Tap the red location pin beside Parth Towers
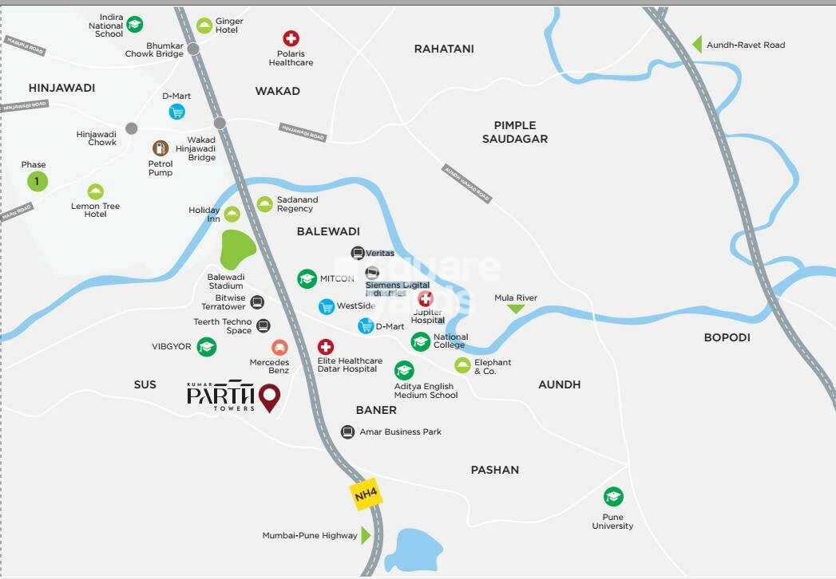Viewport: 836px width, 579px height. (271, 397)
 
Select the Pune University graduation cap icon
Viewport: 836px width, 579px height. (612, 497)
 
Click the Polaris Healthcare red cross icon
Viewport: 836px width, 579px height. (291, 38)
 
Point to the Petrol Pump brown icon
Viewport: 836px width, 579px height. (160, 148)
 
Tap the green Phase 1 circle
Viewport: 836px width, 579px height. (37, 182)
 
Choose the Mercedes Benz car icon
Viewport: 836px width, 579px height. (279, 347)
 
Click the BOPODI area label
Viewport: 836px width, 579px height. (727, 337)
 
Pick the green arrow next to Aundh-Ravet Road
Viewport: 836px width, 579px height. (696, 45)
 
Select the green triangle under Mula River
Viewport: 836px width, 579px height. (516, 309)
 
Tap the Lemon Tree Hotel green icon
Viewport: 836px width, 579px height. (95, 191)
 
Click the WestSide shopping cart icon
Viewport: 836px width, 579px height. (326, 306)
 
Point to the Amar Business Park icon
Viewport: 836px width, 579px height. (347, 432)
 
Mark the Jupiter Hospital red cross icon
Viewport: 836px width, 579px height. (426, 298)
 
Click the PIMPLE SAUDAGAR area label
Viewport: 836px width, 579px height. (515, 132)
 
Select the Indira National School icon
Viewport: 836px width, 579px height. (135, 25)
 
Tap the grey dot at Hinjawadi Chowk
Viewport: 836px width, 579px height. (131, 128)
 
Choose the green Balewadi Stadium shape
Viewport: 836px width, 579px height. (238, 250)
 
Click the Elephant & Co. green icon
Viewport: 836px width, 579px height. (462, 365)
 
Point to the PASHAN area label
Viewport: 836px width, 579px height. (494, 470)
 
